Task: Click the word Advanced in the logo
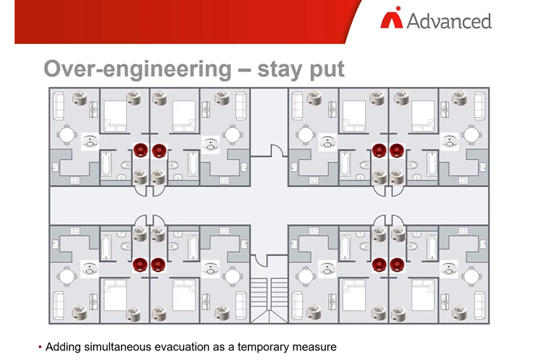[448, 20]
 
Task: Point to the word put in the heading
[328, 69]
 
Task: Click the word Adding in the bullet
[63, 347]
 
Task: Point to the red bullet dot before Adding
[39, 347]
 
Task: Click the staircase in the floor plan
[269, 297]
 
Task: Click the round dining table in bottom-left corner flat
[66, 276]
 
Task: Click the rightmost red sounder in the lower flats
[396, 265]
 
